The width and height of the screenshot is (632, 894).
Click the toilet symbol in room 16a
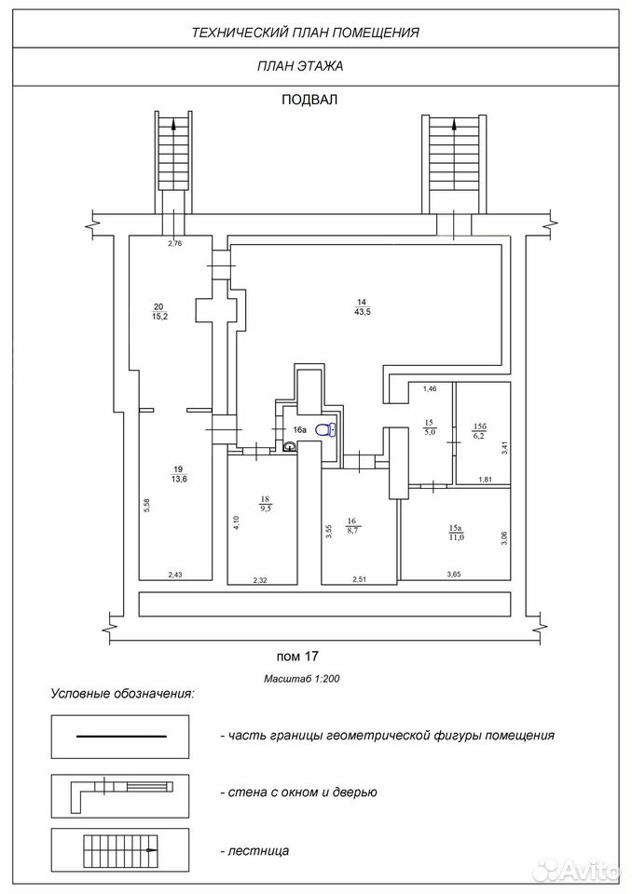pyautogui.click(x=326, y=429)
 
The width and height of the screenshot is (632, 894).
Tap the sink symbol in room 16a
pyautogui.click(x=290, y=446)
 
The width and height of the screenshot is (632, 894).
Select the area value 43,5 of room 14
pyautogui.click(x=363, y=312)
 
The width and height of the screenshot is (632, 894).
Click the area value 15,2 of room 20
pyautogui.click(x=159, y=317)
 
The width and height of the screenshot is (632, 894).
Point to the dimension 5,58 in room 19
pyautogui.click(x=146, y=507)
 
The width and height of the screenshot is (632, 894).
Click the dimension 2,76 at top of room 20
pyautogui.click(x=174, y=243)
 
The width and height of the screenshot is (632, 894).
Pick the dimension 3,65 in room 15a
pyautogui.click(x=453, y=575)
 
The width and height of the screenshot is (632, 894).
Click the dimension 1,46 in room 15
pyautogui.click(x=430, y=389)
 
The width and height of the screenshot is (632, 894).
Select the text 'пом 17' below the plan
pyautogui.click(x=296, y=657)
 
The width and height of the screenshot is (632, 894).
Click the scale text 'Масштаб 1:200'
pyautogui.click(x=302, y=679)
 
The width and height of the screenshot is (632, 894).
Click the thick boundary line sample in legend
pyautogui.click(x=121, y=737)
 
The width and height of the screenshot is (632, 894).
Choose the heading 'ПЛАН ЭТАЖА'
pyautogui.click(x=300, y=66)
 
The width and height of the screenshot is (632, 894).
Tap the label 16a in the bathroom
pyautogui.click(x=300, y=430)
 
